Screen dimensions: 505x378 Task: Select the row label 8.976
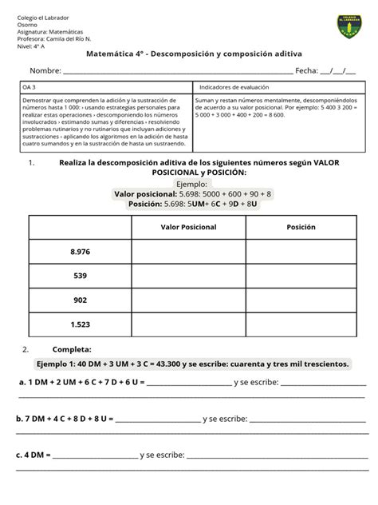coord(81,252)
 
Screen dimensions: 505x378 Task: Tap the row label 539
coord(81,276)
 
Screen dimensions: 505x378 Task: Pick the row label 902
coord(81,300)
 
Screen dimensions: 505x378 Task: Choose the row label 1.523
coord(81,324)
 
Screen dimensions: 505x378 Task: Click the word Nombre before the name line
coord(45,71)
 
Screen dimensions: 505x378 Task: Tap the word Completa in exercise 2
coord(72,349)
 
